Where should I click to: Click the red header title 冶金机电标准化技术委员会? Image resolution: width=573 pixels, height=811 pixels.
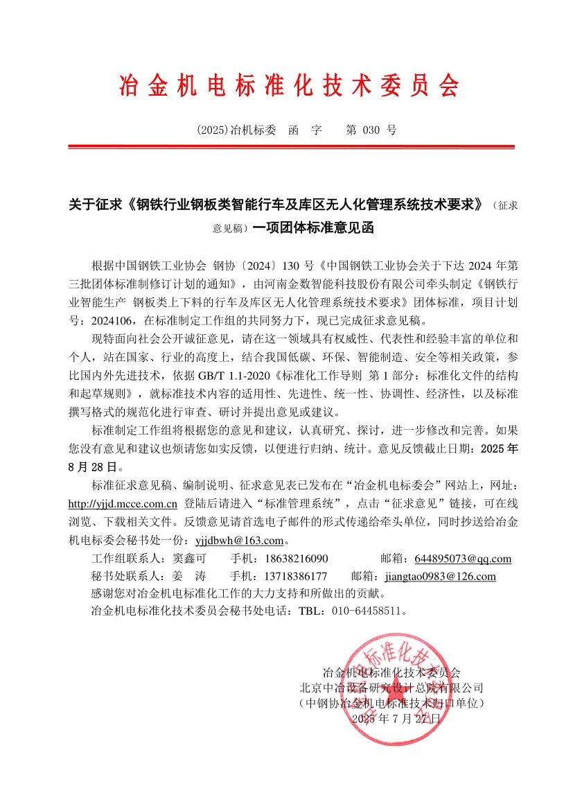point(290,86)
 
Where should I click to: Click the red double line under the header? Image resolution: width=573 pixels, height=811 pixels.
point(291,146)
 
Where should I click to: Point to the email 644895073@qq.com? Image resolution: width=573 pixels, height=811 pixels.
point(463,559)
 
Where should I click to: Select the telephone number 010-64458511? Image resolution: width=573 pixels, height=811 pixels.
point(364,612)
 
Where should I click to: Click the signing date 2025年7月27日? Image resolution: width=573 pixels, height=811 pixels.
point(396,719)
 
